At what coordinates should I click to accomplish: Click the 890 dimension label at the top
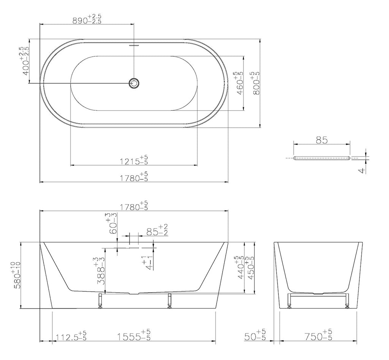pos(87,19)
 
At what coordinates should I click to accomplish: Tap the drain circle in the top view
pos(134,83)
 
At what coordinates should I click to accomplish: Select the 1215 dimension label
pos(134,160)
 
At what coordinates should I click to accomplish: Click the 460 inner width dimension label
pos(239,83)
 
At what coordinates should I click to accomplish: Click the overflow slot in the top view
pos(134,46)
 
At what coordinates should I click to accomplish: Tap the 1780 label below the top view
pos(134,176)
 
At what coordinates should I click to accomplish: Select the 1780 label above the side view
pos(134,205)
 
